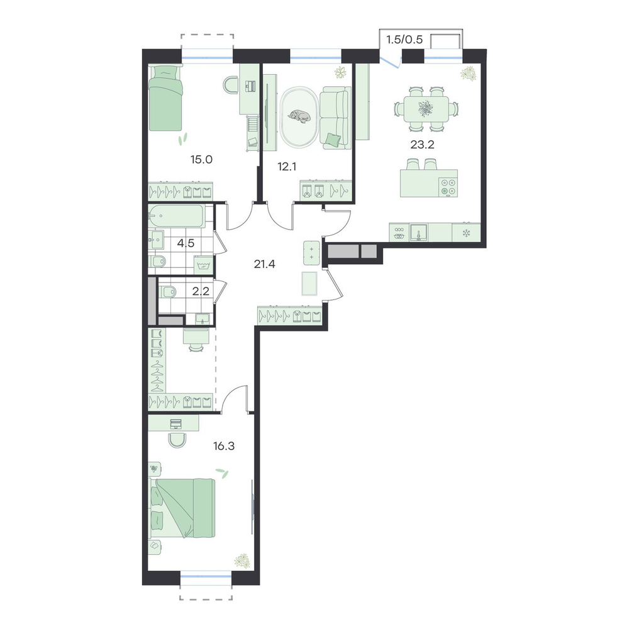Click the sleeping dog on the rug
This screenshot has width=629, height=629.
299,116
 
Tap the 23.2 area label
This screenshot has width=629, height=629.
422,145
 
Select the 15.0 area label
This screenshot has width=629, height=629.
201,160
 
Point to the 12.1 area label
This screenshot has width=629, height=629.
287,167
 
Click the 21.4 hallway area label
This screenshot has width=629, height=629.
264,264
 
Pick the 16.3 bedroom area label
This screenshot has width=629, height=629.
224,446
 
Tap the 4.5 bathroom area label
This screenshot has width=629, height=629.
186,243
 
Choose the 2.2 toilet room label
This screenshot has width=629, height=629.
201,291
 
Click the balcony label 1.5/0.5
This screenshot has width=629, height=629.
404,40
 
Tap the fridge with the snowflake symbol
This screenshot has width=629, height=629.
466,233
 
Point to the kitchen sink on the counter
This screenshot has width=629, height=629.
418,233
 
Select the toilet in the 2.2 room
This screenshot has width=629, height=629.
167,292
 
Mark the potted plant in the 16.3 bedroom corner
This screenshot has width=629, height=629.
242,560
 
